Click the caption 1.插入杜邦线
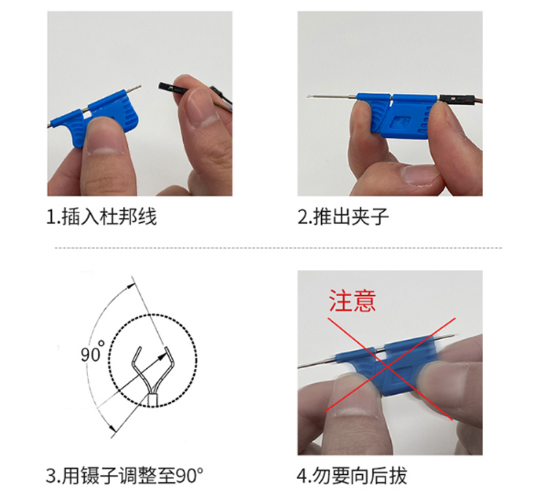tap(101, 217)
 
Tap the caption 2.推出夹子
tap(343, 217)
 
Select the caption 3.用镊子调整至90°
tap(125, 476)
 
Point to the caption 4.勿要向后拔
tap(352, 476)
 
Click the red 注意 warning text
tap(352, 301)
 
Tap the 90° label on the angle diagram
tap(92, 353)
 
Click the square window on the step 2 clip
tap(400, 122)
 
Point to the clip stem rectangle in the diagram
tap(152, 400)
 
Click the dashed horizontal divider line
tap(278, 248)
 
